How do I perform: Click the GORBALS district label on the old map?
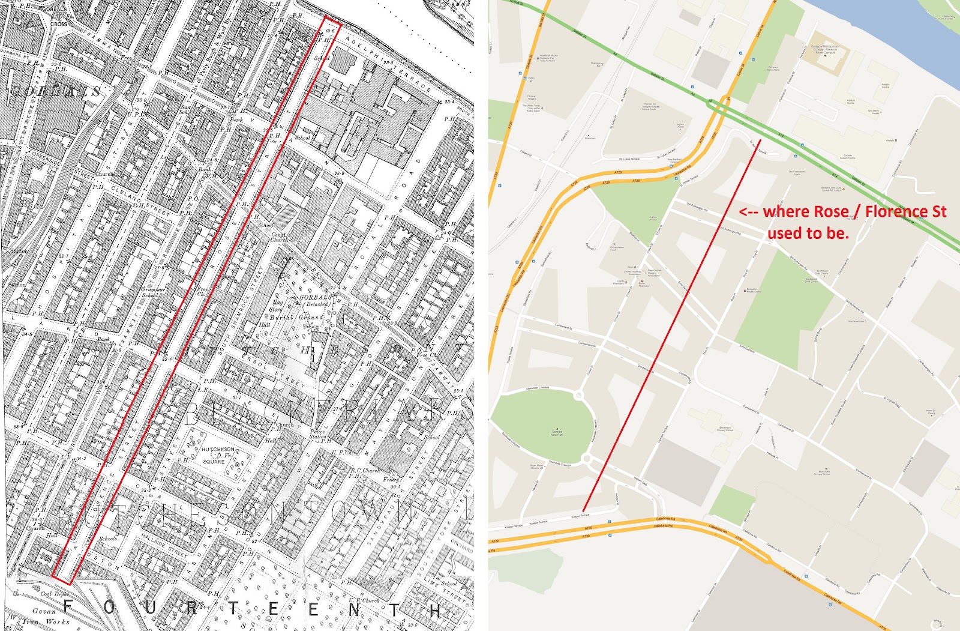tap(55, 92)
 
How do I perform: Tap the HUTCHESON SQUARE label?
tap(217, 454)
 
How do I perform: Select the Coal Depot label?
tap(54, 594)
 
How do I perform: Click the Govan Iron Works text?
tap(50, 617)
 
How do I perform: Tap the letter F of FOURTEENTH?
tap(68, 608)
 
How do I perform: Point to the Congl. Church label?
tap(278, 237)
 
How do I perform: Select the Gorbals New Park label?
tap(557, 432)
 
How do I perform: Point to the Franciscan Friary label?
tap(797, 173)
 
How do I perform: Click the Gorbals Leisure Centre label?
tap(848, 157)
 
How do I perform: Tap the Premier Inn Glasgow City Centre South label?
tap(649, 106)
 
